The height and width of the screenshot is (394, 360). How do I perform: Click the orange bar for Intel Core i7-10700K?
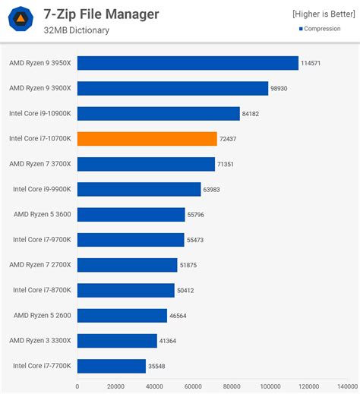[147, 139]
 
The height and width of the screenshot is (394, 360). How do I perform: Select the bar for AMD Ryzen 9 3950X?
[188, 63]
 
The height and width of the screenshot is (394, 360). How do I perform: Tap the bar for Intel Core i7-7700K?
[111, 366]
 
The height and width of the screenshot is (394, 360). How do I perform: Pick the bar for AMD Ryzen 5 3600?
[131, 215]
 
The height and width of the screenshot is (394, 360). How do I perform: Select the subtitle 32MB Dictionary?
[77, 30]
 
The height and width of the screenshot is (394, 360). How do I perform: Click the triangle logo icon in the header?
[24, 20]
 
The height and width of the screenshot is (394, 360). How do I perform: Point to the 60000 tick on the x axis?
[194, 386]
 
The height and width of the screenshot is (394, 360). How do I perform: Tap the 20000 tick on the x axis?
[115, 386]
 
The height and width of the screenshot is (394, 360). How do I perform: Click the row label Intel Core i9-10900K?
[40, 113]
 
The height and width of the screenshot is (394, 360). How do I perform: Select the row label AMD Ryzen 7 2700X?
[40, 264]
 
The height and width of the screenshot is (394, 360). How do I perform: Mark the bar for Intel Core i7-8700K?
[125, 290]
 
